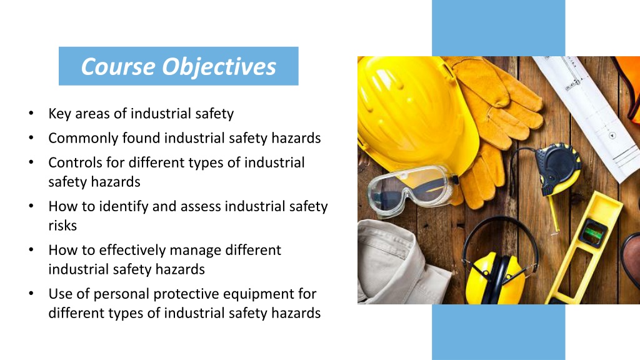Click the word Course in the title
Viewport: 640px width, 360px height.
pos(117,66)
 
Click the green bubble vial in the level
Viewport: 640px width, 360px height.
pos(592,234)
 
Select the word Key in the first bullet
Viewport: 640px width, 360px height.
pos(59,114)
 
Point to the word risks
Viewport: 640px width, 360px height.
pos(62,225)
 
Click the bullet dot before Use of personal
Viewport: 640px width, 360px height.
pos(31,294)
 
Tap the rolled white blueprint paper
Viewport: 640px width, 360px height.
pos(594,106)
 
